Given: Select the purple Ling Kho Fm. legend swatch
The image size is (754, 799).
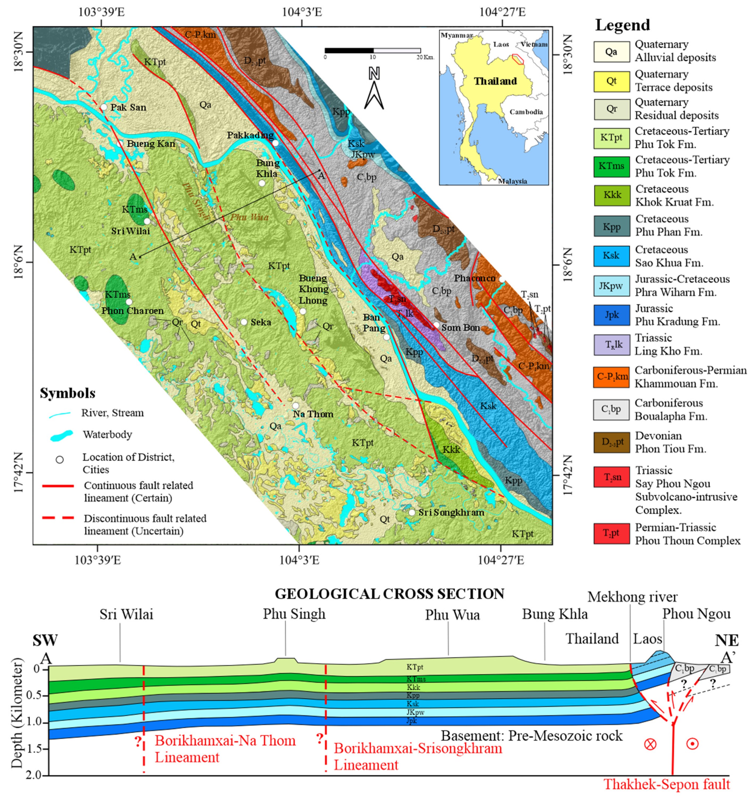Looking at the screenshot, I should [x=611, y=344].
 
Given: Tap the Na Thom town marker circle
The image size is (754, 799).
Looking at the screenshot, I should [x=296, y=406].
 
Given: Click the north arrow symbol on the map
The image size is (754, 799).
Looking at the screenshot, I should [x=374, y=90].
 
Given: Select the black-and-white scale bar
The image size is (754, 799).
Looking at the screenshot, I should [x=372, y=51].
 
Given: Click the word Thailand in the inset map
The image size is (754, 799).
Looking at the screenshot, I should [x=495, y=81].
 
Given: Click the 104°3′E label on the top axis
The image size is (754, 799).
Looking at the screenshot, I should [x=302, y=12].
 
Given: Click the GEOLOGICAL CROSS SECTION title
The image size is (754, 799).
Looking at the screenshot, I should [x=389, y=594].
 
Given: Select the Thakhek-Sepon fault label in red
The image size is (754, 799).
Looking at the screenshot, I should [x=667, y=784].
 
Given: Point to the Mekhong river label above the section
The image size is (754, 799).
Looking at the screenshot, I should [x=632, y=597].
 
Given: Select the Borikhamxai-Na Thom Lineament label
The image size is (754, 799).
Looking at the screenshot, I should [x=225, y=749].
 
